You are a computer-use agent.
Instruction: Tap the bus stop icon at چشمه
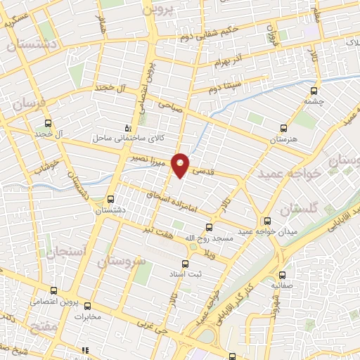click(x=313, y=90)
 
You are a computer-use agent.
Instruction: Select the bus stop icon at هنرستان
click(x=283, y=129)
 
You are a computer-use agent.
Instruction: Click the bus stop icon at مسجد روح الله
click(x=208, y=227)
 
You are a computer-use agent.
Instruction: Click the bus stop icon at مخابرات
click(x=88, y=306)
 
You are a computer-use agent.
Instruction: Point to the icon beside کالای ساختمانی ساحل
click(x=127, y=128)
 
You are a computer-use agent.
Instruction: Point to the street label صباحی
click(x=170, y=105)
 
